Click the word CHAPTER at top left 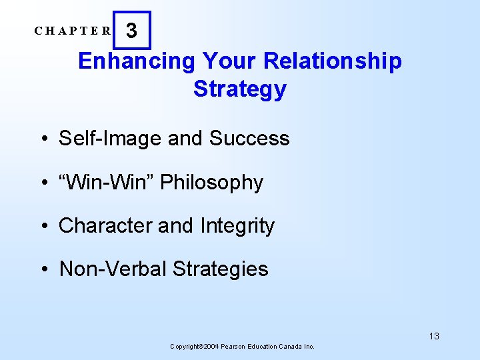click(x=73, y=31)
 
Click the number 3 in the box click(x=132, y=31)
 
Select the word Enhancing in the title click(x=136, y=61)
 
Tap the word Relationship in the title click(x=333, y=61)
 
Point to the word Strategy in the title click(x=240, y=89)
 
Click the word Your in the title click(x=229, y=61)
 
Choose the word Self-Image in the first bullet click(x=111, y=139)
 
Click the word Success click(x=249, y=139)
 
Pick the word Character click(x=105, y=226)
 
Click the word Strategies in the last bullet click(x=220, y=269)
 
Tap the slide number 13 click(x=434, y=336)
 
